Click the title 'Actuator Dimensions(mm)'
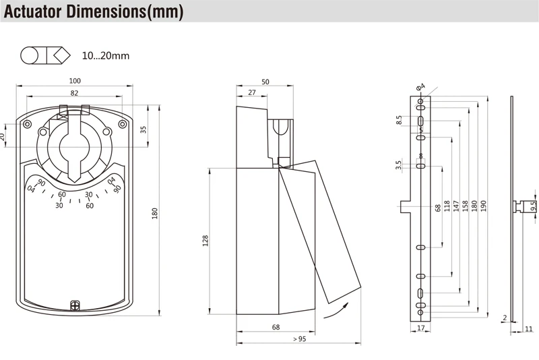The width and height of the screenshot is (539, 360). [x=94, y=12]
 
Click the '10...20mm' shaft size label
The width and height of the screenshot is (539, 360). [x=106, y=55]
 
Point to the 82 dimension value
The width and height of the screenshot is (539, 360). [x=74, y=93]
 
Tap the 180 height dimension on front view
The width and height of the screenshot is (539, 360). [x=154, y=213]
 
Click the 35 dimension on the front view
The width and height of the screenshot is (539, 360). [x=143, y=129]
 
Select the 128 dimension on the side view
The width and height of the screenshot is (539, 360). [x=205, y=241]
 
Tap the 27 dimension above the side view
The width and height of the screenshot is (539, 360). [x=251, y=93]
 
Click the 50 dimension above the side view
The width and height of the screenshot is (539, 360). [x=265, y=82]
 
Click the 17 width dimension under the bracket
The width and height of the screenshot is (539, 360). [x=421, y=329]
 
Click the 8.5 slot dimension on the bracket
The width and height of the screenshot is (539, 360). [x=399, y=120]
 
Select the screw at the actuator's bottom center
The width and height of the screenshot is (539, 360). [x=75, y=305]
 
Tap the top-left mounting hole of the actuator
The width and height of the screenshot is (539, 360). [x=27, y=125]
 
